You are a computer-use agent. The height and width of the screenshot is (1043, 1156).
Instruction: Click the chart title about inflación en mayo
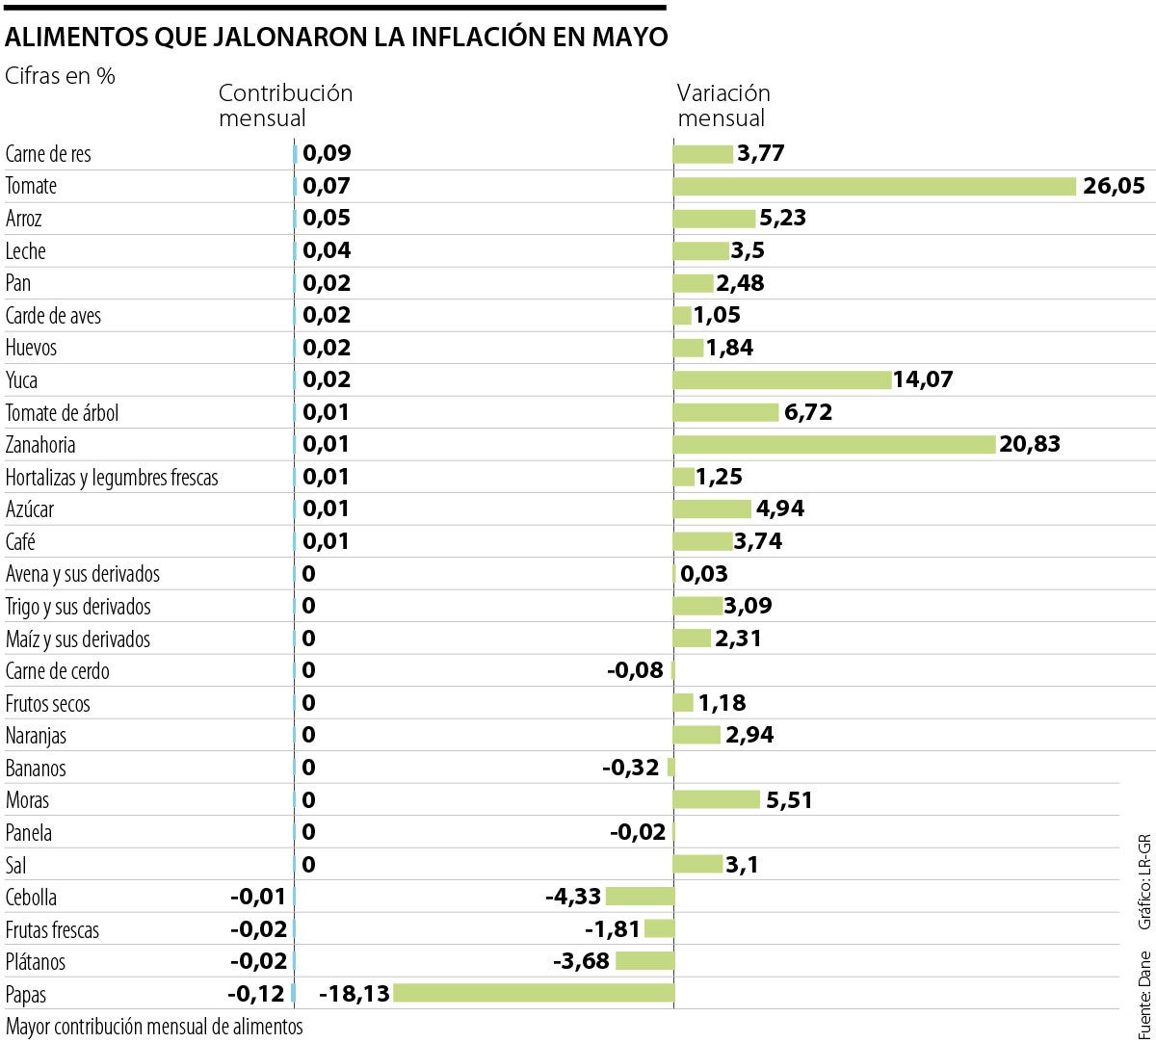[335, 38]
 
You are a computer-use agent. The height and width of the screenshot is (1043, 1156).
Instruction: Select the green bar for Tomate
[874, 186]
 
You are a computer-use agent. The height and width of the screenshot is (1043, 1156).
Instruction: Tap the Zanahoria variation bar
[833, 444]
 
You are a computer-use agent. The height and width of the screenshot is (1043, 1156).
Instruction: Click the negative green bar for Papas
[534, 993]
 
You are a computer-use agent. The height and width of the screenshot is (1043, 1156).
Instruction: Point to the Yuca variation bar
[781, 379]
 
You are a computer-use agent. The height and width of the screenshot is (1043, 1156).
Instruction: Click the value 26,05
[1114, 186]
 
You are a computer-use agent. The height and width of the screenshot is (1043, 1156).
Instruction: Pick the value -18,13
[355, 993]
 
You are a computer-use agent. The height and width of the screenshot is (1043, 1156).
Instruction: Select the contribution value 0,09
[327, 153]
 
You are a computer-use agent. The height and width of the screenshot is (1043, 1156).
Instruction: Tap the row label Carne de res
[48, 154]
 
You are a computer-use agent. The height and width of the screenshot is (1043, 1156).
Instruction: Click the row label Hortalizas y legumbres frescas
[112, 477]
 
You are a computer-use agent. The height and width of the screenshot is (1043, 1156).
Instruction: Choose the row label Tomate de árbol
[62, 412]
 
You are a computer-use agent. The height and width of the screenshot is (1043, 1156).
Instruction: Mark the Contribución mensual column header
[285, 105]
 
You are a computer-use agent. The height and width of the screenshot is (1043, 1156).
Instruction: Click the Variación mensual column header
[723, 105]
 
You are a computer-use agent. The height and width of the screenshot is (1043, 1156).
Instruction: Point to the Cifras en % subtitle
[60, 76]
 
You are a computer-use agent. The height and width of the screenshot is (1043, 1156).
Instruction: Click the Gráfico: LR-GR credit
[1143, 881]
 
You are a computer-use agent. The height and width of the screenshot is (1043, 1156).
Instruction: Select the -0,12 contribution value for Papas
[257, 993]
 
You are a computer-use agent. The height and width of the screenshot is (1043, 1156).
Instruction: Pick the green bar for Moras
[716, 799]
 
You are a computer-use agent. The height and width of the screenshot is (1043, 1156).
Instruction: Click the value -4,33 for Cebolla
[572, 897]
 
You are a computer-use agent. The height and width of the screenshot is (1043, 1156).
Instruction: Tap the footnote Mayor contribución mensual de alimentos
[154, 1026]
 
